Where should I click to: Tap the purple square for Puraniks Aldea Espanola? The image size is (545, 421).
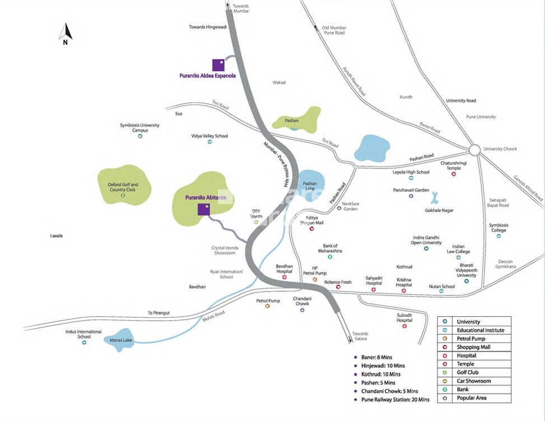(x=218, y=65)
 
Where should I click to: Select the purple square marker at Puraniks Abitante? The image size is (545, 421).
(x=204, y=210)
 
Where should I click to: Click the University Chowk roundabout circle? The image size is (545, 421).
(x=474, y=150)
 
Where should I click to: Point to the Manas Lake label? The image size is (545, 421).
(x=114, y=340)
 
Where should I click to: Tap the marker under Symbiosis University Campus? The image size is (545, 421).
(x=140, y=136)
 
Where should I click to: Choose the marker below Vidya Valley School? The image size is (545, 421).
(x=210, y=142)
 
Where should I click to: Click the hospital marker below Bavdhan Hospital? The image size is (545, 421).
(x=284, y=277)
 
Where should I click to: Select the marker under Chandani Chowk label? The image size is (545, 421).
(x=302, y=310)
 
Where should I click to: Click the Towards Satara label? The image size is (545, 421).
(x=360, y=336)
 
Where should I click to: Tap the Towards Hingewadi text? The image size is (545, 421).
(x=206, y=27)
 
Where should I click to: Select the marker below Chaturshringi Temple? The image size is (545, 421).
(x=454, y=174)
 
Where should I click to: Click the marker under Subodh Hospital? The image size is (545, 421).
(x=404, y=326)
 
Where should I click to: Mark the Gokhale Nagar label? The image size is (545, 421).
(x=439, y=210)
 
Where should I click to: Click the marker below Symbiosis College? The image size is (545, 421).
(x=499, y=236)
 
